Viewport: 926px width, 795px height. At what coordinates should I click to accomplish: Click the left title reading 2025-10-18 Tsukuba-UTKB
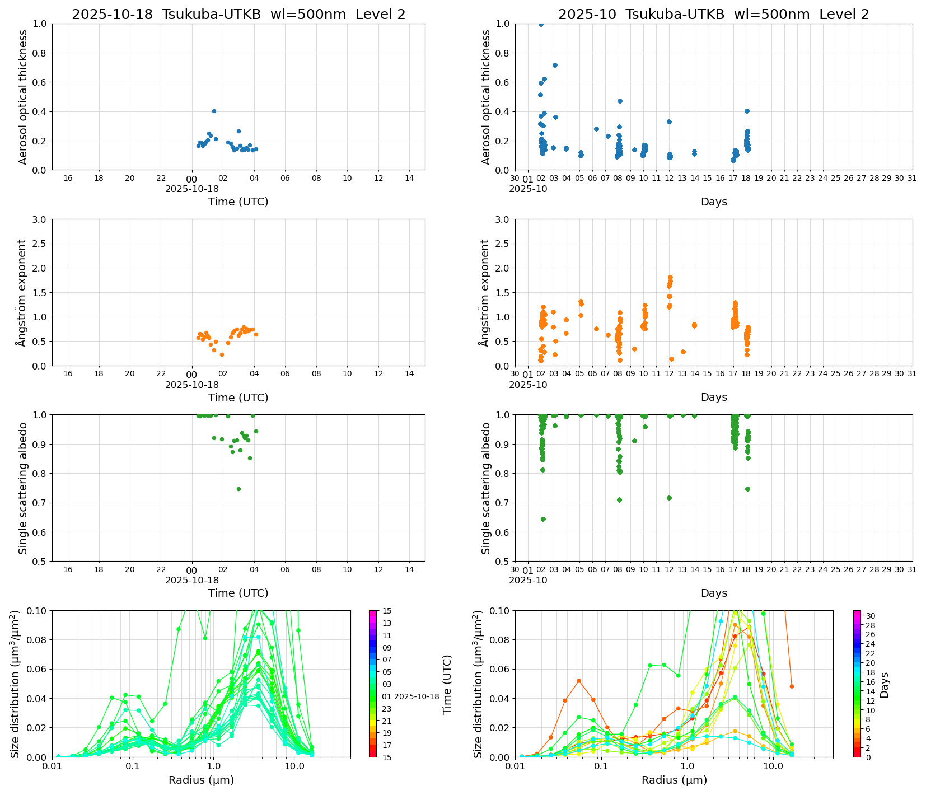(238, 15)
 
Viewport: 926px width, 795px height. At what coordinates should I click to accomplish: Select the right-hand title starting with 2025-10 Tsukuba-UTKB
(713, 15)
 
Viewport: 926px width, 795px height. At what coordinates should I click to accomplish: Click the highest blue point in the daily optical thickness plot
(214, 111)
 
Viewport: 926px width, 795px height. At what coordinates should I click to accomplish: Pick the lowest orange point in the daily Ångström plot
(222, 354)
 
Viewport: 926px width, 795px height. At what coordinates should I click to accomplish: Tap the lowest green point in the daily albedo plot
(238, 489)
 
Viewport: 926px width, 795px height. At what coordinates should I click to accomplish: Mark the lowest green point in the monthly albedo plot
(543, 519)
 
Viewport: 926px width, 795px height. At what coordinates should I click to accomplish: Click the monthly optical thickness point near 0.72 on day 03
(555, 65)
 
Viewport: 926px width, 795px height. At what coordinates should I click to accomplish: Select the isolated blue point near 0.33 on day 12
(669, 121)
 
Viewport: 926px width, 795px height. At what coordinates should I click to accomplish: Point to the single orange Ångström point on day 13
(683, 352)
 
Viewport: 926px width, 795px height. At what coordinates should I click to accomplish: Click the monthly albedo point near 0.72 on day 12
(669, 498)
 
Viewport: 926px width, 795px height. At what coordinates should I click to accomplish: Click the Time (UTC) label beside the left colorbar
(447, 684)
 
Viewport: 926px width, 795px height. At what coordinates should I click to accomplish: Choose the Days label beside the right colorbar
(884, 684)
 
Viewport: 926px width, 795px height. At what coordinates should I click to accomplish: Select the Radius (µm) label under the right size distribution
(674, 780)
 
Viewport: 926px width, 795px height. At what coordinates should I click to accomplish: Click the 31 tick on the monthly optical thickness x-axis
(912, 179)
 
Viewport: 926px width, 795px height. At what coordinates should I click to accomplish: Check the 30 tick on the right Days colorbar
(871, 616)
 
